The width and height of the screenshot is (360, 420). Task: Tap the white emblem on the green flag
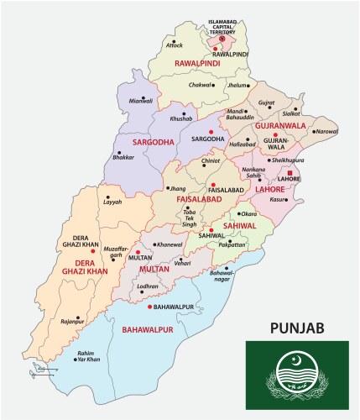click(298, 378)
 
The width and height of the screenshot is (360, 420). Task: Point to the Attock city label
click(175, 45)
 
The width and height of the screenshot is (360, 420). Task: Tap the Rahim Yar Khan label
click(88, 355)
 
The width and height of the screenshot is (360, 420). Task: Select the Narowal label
click(326, 132)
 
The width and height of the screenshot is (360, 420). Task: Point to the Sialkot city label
click(291, 112)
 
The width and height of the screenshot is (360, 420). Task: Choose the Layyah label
click(112, 202)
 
